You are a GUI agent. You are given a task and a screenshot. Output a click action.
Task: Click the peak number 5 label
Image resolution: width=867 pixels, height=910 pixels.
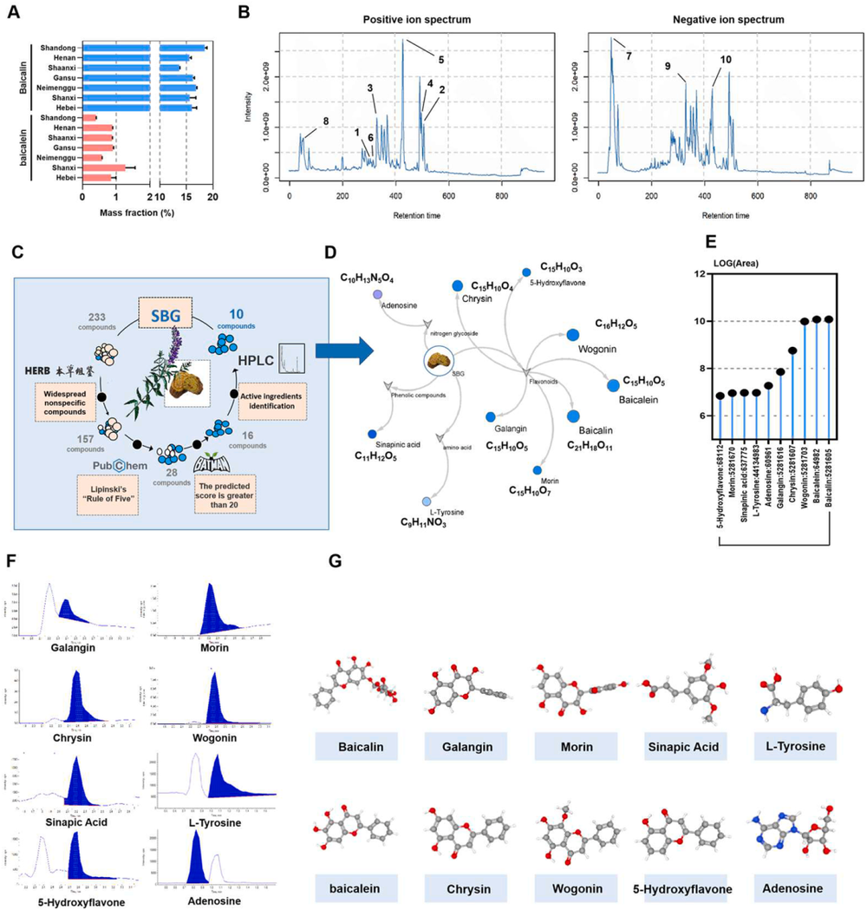[x=440, y=60]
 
